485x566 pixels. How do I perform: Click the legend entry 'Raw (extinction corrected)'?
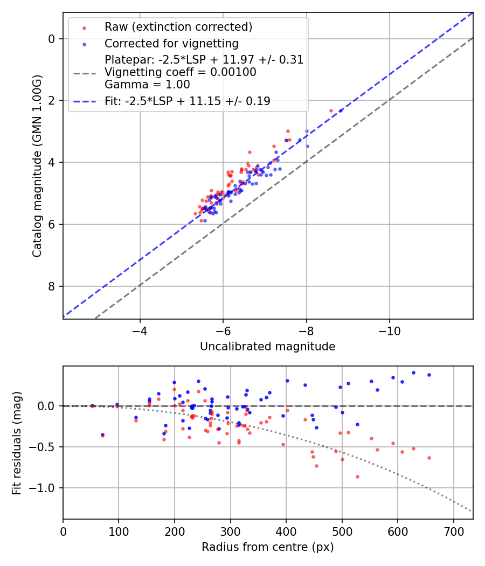pyautogui.click(x=178, y=27)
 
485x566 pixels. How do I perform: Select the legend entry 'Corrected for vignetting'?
pyautogui.click(x=171, y=43)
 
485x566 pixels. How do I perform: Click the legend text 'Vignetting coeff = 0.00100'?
pyautogui.click(x=181, y=72)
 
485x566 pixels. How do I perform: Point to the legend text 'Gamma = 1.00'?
pyautogui.click(x=147, y=84)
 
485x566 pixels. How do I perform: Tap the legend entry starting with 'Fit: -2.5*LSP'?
pyautogui.click(x=188, y=101)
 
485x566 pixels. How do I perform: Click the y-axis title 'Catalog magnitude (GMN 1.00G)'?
pyautogui.click(x=37, y=167)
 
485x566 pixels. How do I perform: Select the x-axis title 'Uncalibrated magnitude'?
pyautogui.click(x=267, y=347)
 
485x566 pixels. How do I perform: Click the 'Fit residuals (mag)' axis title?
pyautogui.click(x=16, y=442)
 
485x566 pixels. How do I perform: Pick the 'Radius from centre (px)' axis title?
pyautogui.click(x=267, y=547)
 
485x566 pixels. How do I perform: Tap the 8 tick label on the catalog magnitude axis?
pyautogui.click(x=52, y=286)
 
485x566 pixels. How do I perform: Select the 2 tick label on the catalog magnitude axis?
pyautogui.click(x=52, y=100)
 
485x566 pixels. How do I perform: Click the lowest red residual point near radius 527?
pyautogui.click(x=357, y=477)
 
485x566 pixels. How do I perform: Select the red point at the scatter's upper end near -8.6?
pyautogui.click(x=331, y=111)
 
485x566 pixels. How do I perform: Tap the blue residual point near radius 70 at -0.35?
pyautogui.click(x=102, y=434)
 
